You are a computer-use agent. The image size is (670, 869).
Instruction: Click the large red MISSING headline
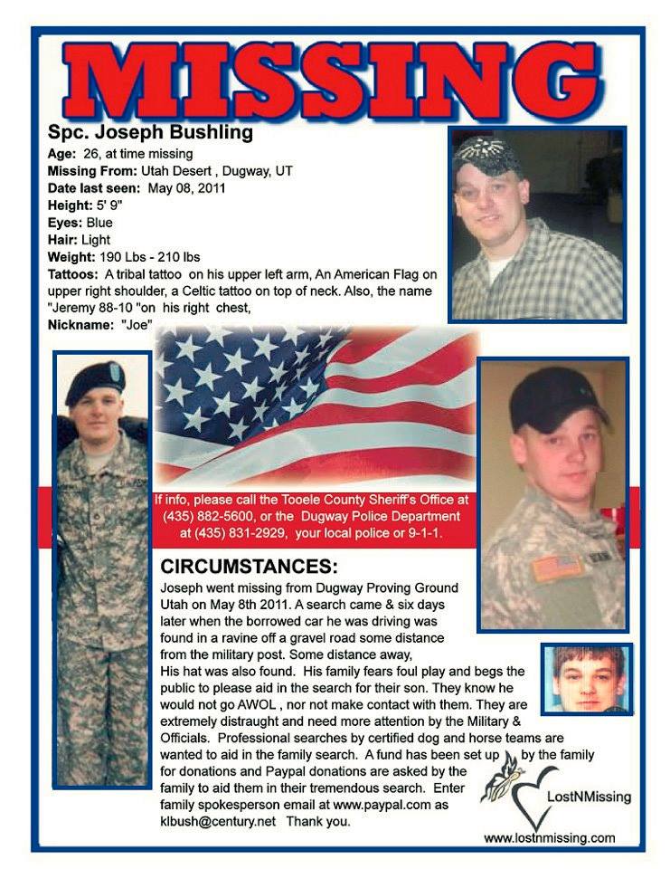click(335, 80)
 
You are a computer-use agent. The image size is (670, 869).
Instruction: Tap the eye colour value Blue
click(99, 223)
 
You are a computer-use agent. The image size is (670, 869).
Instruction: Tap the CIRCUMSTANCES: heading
click(249, 568)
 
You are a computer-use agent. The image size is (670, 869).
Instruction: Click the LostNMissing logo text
click(589, 797)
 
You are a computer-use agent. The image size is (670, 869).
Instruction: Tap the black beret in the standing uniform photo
click(95, 377)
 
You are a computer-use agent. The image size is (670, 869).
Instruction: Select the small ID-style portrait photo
click(586, 678)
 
